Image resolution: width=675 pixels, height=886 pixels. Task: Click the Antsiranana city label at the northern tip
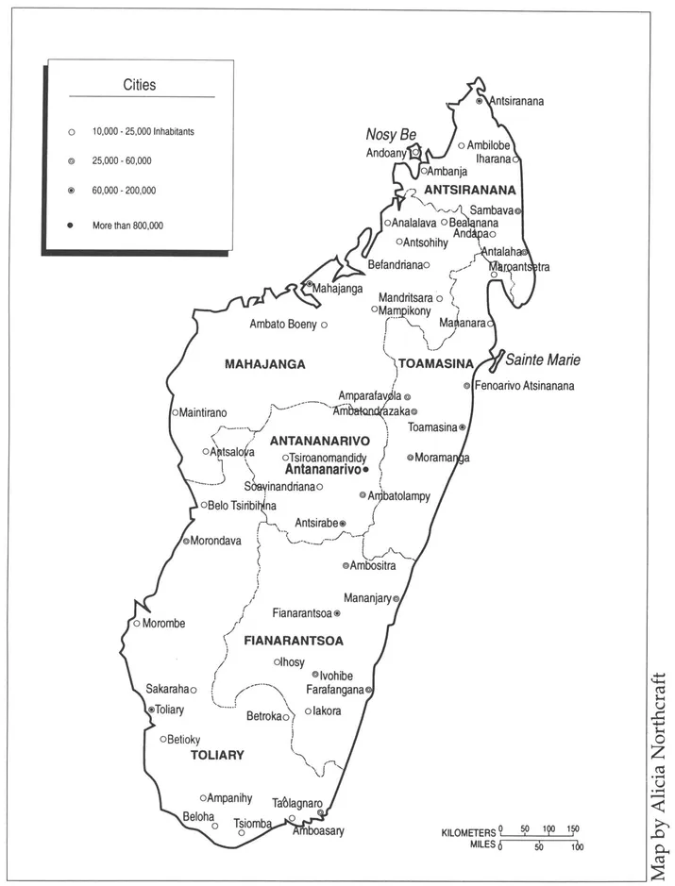point(515,101)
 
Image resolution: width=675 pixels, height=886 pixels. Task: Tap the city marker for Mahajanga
point(309,284)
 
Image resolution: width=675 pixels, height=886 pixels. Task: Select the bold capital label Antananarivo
point(323,469)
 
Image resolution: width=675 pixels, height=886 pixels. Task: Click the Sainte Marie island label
point(542,359)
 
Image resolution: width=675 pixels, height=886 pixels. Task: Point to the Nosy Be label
point(391,135)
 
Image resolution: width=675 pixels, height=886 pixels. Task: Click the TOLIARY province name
point(217,755)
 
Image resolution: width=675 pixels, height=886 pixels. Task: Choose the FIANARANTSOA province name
point(293,641)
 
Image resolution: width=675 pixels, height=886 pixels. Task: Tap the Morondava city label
point(216,541)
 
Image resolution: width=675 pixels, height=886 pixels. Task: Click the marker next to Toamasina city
point(463,427)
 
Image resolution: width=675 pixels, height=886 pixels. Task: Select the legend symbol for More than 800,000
point(71,225)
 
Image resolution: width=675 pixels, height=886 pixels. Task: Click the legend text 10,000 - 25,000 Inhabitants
point(143,132)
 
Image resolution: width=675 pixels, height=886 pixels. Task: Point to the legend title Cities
point(140,85)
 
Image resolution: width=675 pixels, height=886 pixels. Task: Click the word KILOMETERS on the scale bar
point(468,833)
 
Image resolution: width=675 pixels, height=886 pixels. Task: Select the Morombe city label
point(163,624)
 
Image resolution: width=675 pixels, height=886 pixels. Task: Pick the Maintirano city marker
point(175,412)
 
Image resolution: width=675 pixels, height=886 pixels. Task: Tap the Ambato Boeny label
point(283,325)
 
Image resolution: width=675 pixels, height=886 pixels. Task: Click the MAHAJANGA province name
point(265,363)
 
